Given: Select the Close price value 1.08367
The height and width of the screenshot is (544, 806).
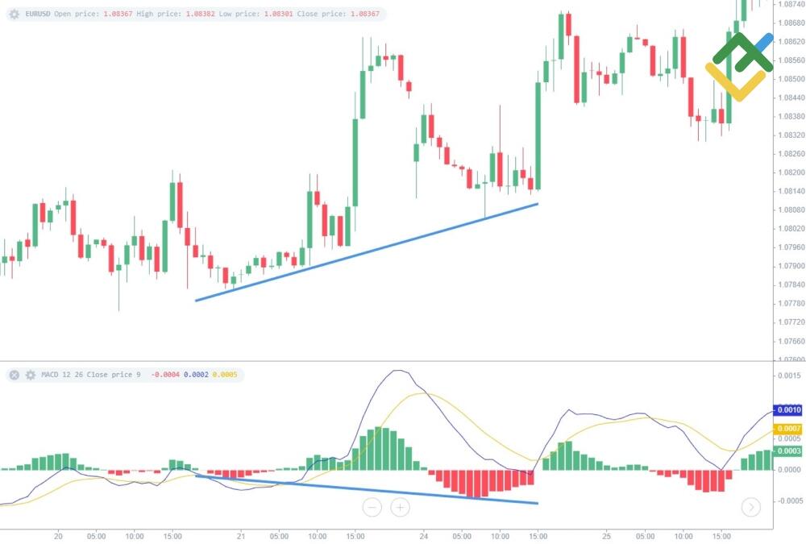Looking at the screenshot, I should tap(361, 15).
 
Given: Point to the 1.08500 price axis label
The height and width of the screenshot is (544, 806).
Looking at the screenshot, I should tap(788, 79).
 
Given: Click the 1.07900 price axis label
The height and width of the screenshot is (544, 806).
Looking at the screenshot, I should tap(788, 266).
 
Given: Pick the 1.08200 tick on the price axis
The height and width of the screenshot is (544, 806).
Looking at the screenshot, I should tap(788, 172).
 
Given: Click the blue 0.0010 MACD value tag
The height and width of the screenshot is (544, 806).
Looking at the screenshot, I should tap(788, 411).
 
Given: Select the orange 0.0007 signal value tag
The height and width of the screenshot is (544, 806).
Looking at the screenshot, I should tap(788, 429).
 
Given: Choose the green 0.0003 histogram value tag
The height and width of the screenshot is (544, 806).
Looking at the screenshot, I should tap(788, 451).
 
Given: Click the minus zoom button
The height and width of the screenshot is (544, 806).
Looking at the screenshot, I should tap(372, 507).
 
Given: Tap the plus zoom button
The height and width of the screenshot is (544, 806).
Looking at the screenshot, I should tap(401, 507).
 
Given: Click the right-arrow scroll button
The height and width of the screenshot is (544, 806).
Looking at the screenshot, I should tap(750, 507).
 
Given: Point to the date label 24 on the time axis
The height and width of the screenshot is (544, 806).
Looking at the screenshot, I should tap(424, 535).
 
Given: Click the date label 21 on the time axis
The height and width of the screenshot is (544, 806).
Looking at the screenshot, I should tap(241, 535).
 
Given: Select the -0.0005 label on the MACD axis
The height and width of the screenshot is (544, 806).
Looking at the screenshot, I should tap(788, 500).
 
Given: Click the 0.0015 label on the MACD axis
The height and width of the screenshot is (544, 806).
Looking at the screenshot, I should tap(788, 376).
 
